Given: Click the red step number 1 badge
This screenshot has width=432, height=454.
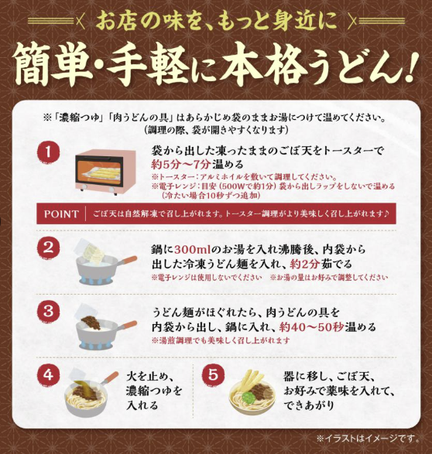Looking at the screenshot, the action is click(48, 152).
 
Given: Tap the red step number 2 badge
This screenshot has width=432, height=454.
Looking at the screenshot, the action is click(48, 247).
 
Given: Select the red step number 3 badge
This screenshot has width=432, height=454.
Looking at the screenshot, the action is click(48, 312).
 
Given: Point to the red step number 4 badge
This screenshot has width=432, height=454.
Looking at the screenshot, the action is click(48, 376).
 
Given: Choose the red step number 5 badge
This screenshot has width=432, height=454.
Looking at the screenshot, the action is click(213, 376).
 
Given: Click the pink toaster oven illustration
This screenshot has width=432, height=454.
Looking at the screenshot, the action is click(105, 172).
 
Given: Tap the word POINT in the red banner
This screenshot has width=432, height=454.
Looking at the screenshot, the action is click(61, 214).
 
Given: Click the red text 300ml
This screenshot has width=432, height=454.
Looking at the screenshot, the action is click(192, 249).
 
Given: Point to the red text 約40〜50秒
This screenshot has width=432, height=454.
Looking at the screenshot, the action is click(311, 327).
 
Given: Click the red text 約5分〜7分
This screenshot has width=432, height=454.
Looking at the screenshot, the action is click(181, 164).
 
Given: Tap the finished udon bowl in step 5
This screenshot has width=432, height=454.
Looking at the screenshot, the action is click(252, 391).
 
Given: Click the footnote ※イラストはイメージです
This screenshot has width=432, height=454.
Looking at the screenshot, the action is click(368, 439).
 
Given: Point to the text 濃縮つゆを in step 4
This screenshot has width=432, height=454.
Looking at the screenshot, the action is click(154, 391).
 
